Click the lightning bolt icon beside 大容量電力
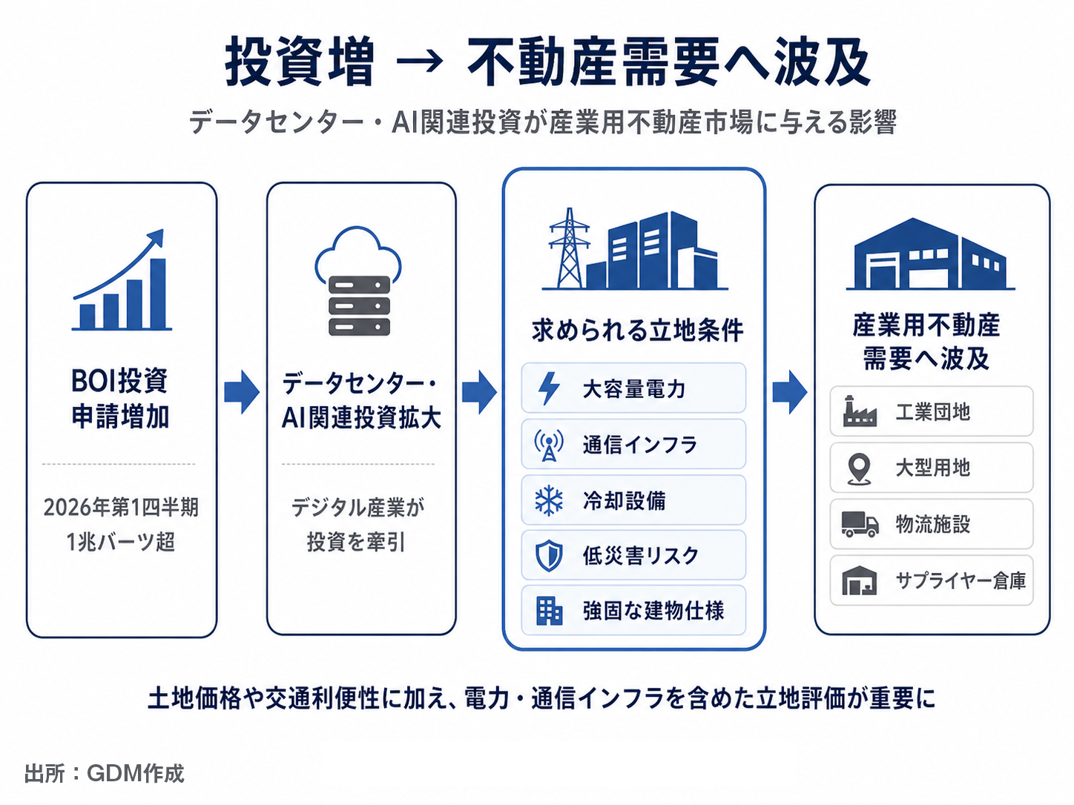click(549, 388)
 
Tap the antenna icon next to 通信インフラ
click(549, 445)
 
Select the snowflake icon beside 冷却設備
click(549, 500)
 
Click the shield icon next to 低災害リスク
click(549, 556)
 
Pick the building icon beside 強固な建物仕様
click(549, 611)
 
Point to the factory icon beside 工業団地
click(860, 411)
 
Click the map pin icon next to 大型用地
click(859, 468)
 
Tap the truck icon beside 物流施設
click(860, 524)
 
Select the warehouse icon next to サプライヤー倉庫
click(859, 580)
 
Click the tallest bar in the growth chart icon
click(158, 294)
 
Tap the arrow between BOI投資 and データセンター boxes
click(242, 392)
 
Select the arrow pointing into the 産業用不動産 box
click(789, 392)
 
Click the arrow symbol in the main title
click(419, 62)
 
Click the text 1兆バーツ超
click(120, 542)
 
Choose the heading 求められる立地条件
click(638, 331)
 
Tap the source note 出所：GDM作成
click(105, 774)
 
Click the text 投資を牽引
click(356, 542)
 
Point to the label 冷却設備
click(624, 501)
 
